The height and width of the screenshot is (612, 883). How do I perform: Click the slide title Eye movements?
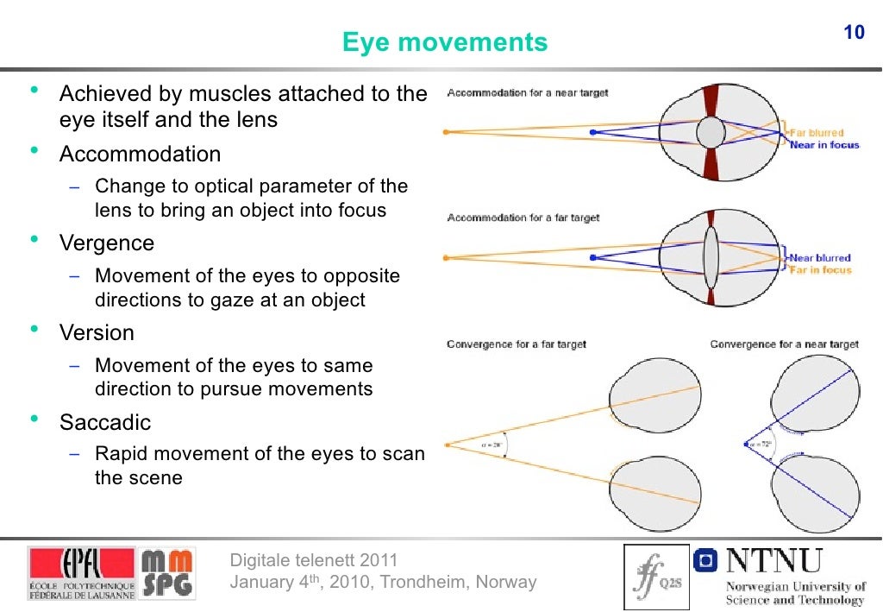tap(445, 42)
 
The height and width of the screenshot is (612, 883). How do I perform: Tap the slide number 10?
tap(853, 34)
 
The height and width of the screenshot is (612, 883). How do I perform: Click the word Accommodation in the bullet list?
tap(140, 155)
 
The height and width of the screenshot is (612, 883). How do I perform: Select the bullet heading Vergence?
tap(107, 243)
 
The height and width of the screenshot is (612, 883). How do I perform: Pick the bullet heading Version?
tap(97, 333)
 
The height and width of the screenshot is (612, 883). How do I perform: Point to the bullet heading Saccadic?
tap(105, 423)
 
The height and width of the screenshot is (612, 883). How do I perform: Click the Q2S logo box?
tap(655, 572)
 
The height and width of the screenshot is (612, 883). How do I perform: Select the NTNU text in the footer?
tap(773, 561)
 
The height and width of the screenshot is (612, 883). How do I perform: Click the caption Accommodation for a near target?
tap(527, 93)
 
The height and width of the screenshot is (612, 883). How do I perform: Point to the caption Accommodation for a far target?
tap(523, 218)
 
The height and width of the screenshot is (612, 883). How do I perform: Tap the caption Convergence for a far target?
tap(516, 344)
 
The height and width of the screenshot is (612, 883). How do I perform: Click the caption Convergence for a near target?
tap(784, 344)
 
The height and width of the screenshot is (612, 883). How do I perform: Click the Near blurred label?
tap(820, 257)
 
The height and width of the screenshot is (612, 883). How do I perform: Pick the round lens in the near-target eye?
tap(711, 133)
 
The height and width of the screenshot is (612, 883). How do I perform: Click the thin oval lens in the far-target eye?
tap(711, 257)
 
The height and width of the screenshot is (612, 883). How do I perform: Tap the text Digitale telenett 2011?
tap(314, 561)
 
